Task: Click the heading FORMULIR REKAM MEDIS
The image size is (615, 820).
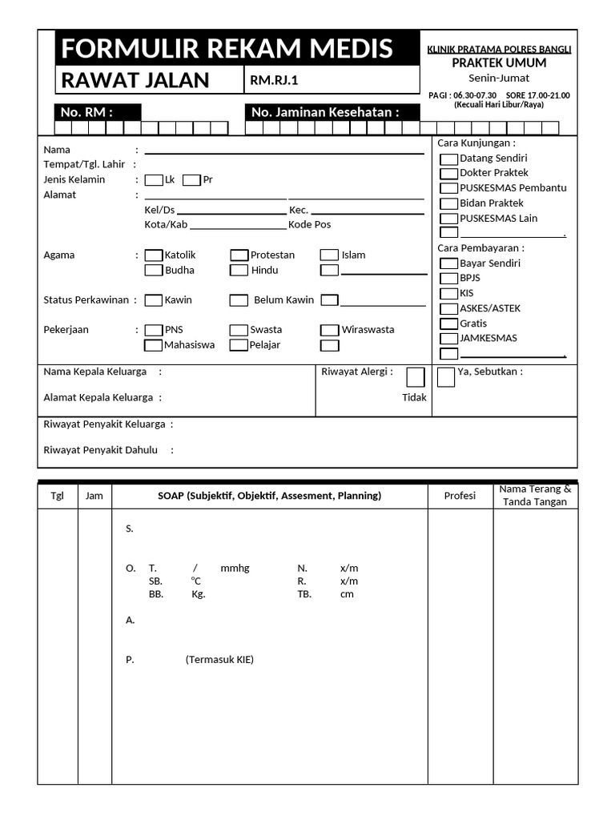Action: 227,49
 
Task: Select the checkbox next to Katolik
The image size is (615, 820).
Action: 153,255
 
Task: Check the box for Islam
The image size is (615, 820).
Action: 329,255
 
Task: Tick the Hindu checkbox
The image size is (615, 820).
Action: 239,271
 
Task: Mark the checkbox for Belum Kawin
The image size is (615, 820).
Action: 239,300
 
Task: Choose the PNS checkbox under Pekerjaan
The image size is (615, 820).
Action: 153,330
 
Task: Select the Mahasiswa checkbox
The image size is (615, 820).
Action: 153,346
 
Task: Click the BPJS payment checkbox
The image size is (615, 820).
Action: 449,279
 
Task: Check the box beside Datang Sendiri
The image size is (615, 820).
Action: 449,159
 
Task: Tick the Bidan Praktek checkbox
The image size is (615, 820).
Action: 449,204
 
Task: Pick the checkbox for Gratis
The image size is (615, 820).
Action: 449,324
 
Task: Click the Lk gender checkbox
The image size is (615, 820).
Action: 154,180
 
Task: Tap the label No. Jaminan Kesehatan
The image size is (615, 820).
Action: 324,112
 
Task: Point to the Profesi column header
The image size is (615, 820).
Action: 460,496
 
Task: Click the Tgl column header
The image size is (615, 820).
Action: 57,496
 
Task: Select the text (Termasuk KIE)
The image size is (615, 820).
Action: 219,660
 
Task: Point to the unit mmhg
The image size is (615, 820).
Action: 235,568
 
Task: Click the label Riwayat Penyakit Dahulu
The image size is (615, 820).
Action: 101,450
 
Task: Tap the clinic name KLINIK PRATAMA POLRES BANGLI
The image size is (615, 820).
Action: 499,50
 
